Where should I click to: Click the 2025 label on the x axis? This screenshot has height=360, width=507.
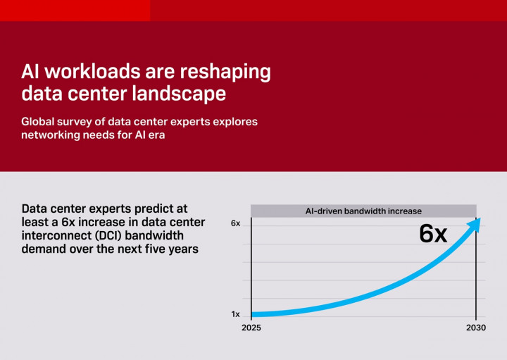tap(251, 328)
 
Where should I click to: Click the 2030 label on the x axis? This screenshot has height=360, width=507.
tap(476, 328)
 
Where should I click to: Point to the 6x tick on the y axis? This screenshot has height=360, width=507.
tap(235, 223)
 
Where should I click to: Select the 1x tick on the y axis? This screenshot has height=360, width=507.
tap(235, 314)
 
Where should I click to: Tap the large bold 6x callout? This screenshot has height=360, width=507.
tap(433, 233)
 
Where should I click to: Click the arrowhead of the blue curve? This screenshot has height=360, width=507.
tap(475, 224)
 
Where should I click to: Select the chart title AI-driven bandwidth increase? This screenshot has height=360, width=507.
tap(363, 211)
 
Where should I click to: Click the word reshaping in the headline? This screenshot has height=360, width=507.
tap(223, 72)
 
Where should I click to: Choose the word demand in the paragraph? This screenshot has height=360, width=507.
tap(44, 249)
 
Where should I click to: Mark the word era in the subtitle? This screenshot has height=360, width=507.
tap(155, 135)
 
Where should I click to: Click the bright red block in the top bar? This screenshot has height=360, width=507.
tap(75, 10)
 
